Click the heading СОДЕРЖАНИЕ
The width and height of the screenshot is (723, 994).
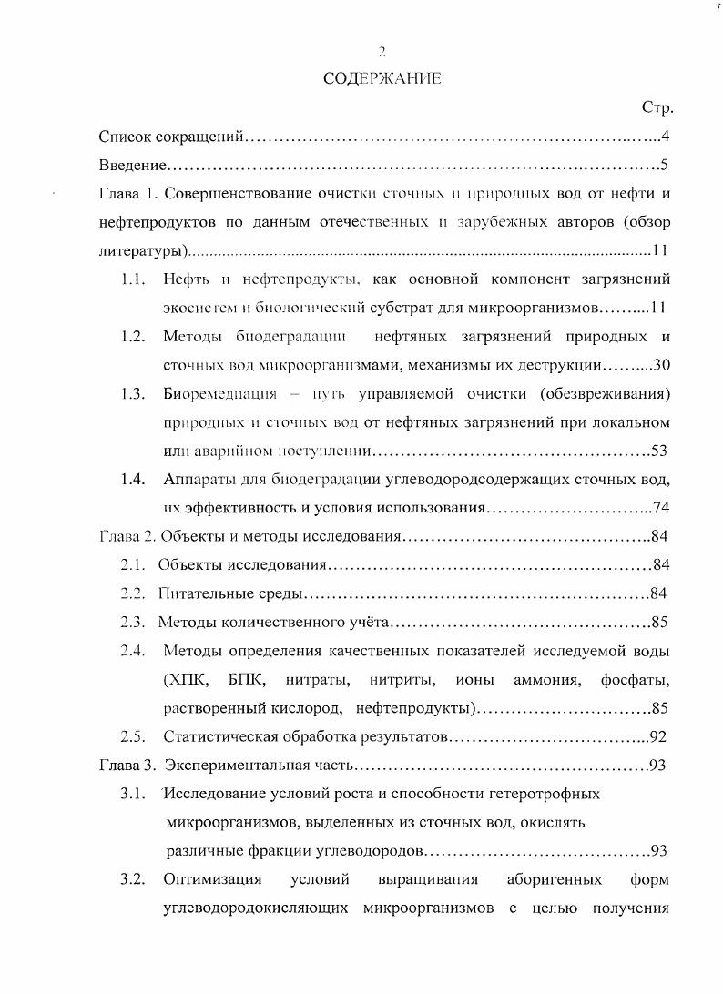point(382,79)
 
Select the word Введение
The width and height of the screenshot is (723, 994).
point(132,166)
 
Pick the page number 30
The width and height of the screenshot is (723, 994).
point(662,365)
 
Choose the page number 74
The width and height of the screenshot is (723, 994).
point(661,508)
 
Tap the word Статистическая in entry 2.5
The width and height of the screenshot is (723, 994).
point(220,736)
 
